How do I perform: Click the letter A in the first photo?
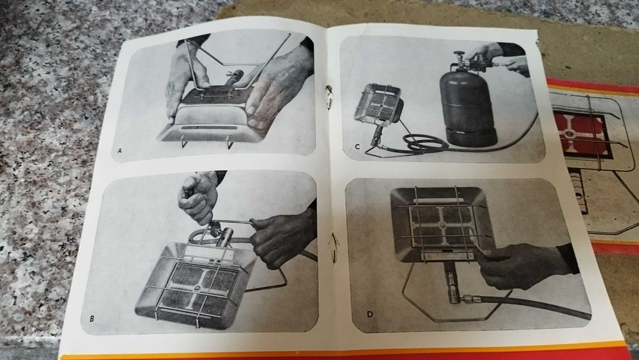point(120,151)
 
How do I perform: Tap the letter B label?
point(92,318)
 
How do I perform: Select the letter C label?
point(357,147)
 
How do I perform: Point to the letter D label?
point(369,315)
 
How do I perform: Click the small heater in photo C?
point(379,106)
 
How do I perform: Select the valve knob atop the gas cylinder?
point(460,55)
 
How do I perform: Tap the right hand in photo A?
point(277,86)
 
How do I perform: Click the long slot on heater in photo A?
point(210,128)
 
